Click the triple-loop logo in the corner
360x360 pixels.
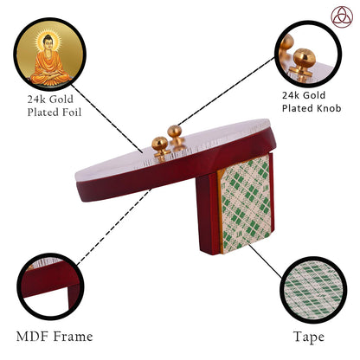tap(342, 16)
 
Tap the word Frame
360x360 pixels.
tap(74, 337)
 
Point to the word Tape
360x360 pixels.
tap(309, 337)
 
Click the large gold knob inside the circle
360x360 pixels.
tap(304, 62)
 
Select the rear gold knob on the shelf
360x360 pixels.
tap(175, 134)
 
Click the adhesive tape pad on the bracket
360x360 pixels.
tap(245, 203)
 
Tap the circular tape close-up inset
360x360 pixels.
tap(313, 290)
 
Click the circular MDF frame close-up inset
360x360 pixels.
tap(50, 286)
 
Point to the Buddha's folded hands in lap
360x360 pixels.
tap(50, 74)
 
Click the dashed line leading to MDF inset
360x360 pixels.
tap(114, 227)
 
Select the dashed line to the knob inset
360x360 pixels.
tap(227, 91)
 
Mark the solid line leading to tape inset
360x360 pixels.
tap(265, 261)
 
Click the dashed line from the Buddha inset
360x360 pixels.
tap(107, 119)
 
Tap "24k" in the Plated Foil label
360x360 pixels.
tap(35, 100)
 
